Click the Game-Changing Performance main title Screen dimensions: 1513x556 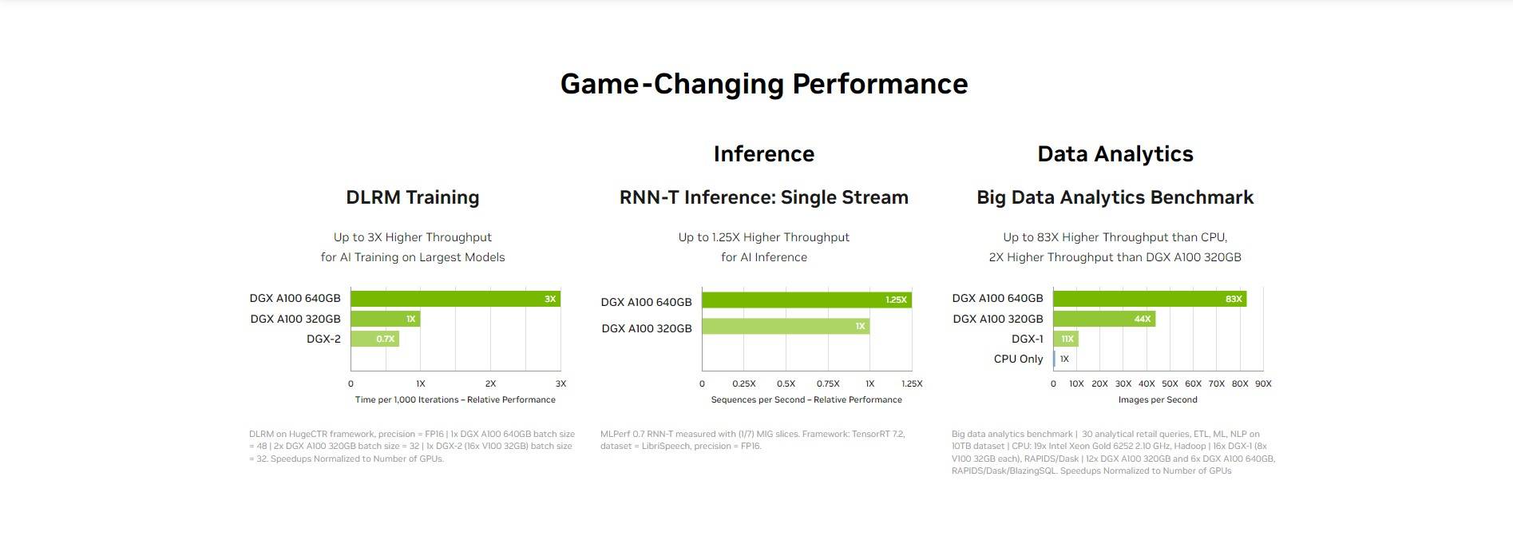click(x=764, y=84)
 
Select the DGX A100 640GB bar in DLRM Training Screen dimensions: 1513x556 click(x=455, y=299)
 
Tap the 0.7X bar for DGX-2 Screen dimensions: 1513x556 click(x=374, y=339)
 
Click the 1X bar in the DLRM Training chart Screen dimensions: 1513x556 click(x=385, y=319)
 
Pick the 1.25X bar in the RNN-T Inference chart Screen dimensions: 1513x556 click(x=806, y=300)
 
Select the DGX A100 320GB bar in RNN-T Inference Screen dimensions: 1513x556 click(x=786, y=326)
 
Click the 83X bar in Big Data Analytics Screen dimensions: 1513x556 click(x=1150, y=299)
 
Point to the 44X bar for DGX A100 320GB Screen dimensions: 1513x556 click(x=1104, y=319)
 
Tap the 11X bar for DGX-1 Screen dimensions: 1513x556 click(x=1066, y=339)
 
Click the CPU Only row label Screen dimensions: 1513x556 click(x=1018, y=359)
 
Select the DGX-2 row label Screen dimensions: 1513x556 click(x=323, y=339)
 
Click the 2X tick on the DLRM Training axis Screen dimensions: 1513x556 click(x=490, y=383)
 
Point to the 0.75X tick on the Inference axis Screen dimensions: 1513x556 click(x=828, y=383)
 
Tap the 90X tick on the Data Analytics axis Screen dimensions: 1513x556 click(x=1263, y=383)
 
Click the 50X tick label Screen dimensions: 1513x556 click(x=1170, y=383)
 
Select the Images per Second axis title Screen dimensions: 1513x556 click(x=1158, y=399)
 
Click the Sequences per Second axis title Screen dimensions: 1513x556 click(x=806, y=399)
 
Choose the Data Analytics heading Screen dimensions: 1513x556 click(x=1115, y=153)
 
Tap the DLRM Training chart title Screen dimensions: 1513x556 click(x=413, y=197)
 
